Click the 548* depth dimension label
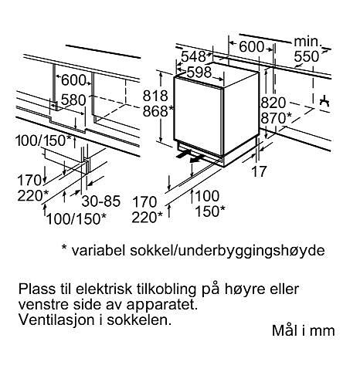(x=196, y=56)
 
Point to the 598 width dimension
(x=199, y=72)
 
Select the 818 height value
(x=155, y=96)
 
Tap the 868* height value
(x=158, y=111)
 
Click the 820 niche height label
(x=273, y=103)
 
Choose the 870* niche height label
(x=277, y=118)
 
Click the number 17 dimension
(x=259, y=171)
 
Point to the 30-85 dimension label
(x=101, y=201)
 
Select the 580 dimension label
(x=73, y=100)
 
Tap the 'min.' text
(x=308, y=42)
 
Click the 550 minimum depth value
(x=307, y=56)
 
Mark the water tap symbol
(x=324, y=101)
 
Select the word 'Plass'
(x=37, y=289)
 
